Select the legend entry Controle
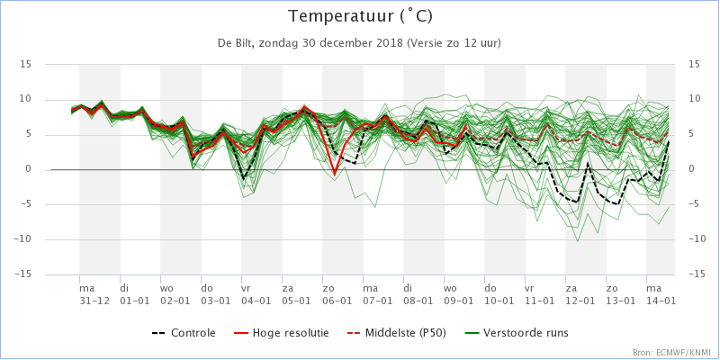point(193,333)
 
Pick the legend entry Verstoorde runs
point(526,333)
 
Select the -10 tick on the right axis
point(697,239)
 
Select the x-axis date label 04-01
point(256,299)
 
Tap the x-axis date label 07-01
point(378,299)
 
